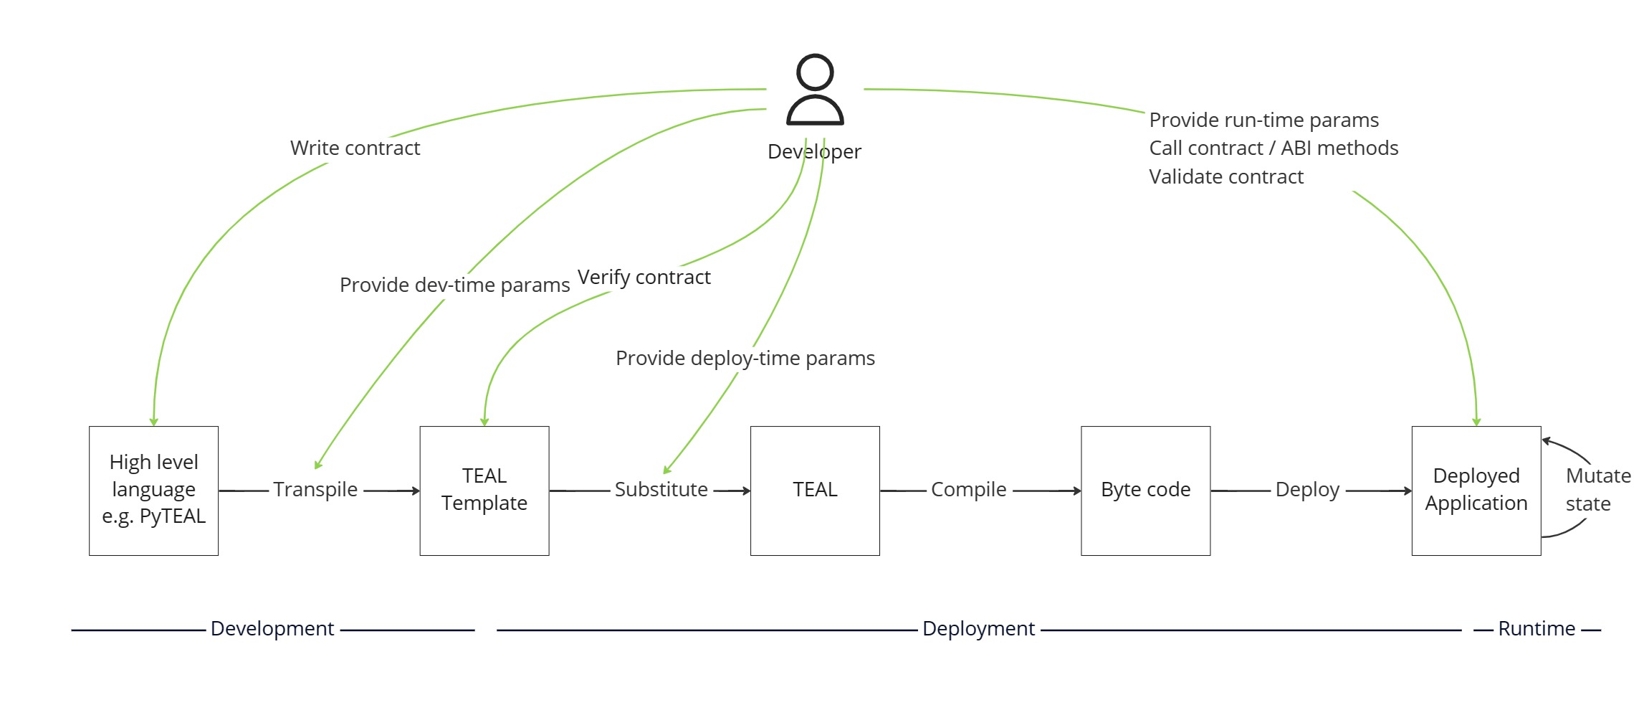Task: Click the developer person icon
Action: pyautogui.click(x=815, y=90)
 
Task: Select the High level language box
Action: pyautogui.click(x=153, y=490)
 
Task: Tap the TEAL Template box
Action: pyautogui.click(x=484, y=490)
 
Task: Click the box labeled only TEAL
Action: pyautogui.click(x=815, y=490)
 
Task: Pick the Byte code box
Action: pyautogui.click(x=1145, y=490)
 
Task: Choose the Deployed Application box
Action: pyautogui.click(x=1476, y=490)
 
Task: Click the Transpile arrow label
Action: pyautogui.click(x=315, y=489)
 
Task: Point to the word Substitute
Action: pyautogui.click(x=661, y=489)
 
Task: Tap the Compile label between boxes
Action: pyautogui.click(x=968, y=489)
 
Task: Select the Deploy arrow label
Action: pyautogui.click(x=1307, y=489)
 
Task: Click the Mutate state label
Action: pyautogui.click(x=1597, y=489)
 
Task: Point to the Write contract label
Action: pyautogui.click(x=355, y=148)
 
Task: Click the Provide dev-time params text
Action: pyautogui.click(x=454, y=285)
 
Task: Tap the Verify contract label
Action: pyautogui.click(x=644, y=277)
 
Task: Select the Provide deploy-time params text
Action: pyautogui.click(x=745, y=358)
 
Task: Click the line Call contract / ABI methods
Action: pyautogui.click(x=1274, y=148)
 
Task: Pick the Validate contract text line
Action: pyautogui.click(x=1226, y=176)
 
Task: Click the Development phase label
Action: pyautogui.click(x=272, y=628)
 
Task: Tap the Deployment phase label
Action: pyautogui.click(x=978, y=628)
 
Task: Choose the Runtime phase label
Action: pyautogui.click(x=1537, y=628)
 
